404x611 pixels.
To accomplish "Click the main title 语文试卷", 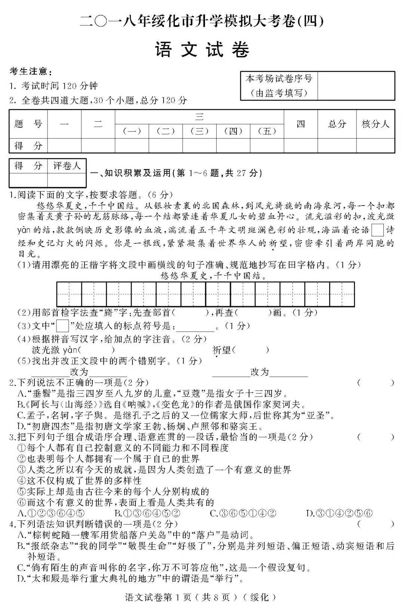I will [x=202, y=50].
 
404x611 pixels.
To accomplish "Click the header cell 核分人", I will [x=375, y=124].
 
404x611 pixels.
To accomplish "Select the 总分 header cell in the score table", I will [x=337, y=124].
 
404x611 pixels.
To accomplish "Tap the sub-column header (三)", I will [x=199, y=131].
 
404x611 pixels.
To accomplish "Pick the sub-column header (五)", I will [x=267, y=131].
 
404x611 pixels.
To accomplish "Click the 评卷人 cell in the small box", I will [x=67, y=166].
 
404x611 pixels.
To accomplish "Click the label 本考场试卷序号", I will [x=279, y=79].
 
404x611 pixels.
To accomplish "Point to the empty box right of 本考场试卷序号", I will [x=356, y=86].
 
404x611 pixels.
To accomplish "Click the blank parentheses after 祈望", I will [x=250, y=350].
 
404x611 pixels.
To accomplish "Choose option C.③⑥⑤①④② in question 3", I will [x=243, y=513].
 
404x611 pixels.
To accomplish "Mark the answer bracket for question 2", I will [x=375, y=383].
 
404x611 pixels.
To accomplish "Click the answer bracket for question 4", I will [x=375, y=524].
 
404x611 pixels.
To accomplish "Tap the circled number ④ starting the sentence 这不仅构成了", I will [x=22, y=481].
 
